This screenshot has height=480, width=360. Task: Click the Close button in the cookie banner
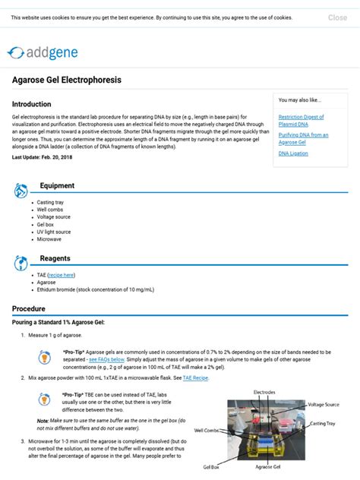point(337,17)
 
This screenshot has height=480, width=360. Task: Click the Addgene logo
point(43,52)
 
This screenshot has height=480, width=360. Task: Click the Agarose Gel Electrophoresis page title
point(67,80)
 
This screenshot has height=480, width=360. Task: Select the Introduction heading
point(32,104)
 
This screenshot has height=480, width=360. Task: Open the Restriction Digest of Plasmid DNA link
point(301,120)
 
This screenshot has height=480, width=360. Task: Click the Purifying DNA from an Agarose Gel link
point(303,138)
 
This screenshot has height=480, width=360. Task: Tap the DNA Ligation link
point(293,153)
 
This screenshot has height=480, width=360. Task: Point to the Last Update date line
point(43,157)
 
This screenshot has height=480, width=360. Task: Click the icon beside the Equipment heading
point(21,190)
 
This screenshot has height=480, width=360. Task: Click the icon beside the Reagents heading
point(21,263)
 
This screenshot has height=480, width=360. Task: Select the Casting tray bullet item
point(50,203)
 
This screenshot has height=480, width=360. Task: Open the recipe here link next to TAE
point(62,274)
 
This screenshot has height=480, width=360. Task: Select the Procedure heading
point(29,309)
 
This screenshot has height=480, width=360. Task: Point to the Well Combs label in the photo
point(207,431)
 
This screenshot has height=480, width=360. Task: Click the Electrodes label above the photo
point(264,392)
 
